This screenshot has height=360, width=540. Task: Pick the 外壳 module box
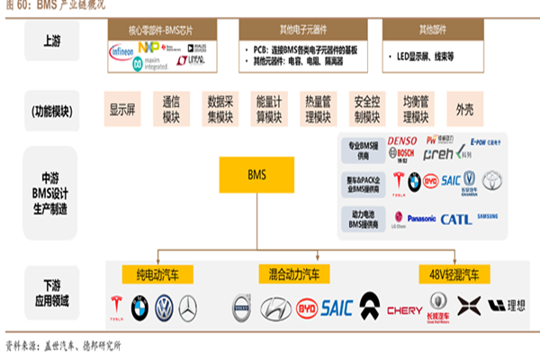coord(464,110)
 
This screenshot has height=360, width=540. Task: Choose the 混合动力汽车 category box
coord(293,273)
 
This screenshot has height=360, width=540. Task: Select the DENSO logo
coord(402,140)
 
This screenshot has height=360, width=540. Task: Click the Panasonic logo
coord(409,218)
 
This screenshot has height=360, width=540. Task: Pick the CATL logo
coord(455,218)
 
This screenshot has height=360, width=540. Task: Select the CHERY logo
coord(404,310)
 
